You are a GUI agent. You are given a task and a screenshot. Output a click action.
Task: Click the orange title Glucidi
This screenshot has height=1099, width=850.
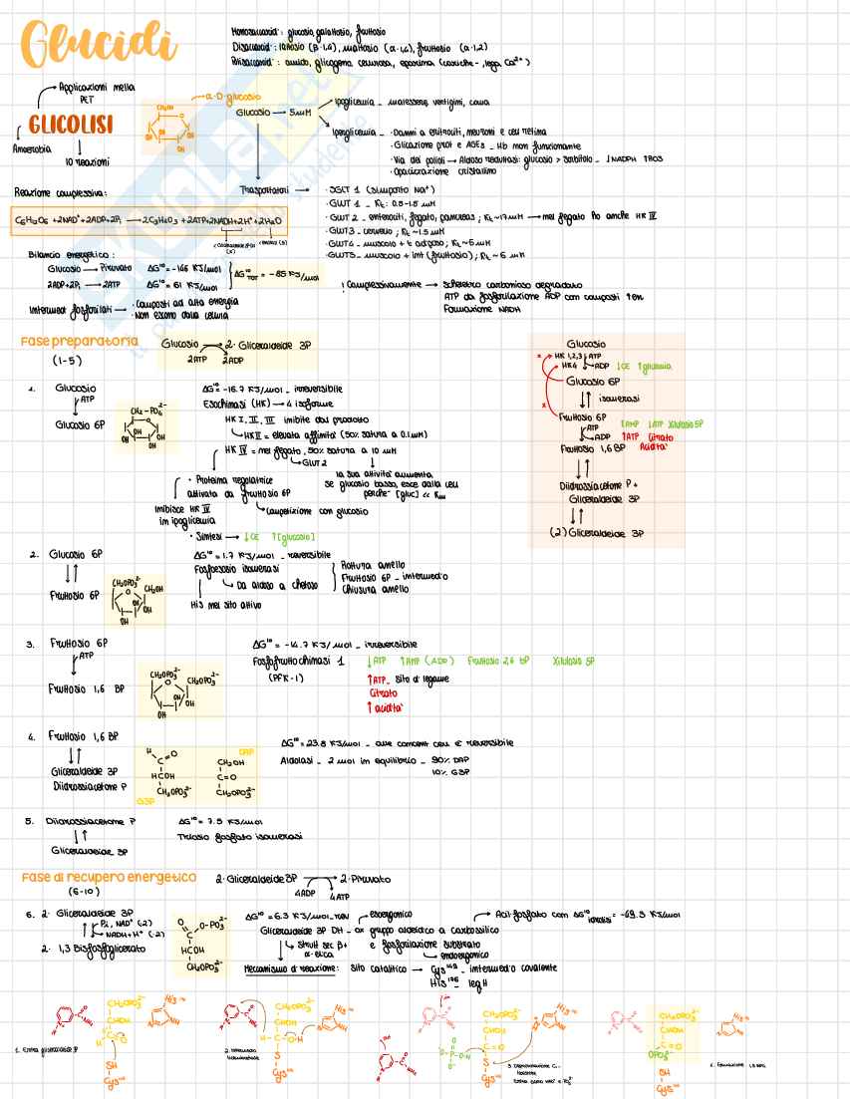click(96, 44)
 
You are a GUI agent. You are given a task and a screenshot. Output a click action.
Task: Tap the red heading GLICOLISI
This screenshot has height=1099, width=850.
click(69, 126)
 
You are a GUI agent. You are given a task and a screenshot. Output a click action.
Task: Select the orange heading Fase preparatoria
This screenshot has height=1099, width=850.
click(80, 342)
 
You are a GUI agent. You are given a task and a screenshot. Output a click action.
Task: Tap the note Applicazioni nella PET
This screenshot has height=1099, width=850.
click(96, 93)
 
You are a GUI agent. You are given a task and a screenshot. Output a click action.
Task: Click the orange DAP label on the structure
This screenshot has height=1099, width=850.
click(246, 749)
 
